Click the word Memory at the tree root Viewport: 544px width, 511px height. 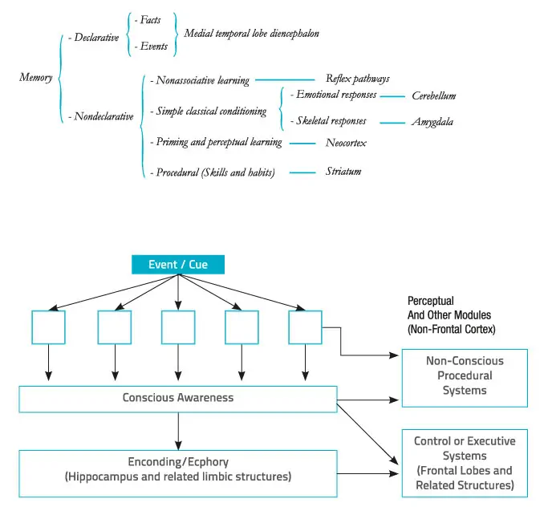[36, 78]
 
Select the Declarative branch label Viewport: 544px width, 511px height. [95, 37]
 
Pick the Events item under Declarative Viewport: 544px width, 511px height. [155, 47]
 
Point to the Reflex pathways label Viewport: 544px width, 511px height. [358, 79]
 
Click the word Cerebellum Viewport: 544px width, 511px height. [433, 95]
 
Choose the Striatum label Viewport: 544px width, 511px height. [343, 171]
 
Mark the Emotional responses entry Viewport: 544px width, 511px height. [334, 95]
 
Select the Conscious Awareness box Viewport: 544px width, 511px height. [177, 398]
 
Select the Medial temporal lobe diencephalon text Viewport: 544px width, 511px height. [251, 33]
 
